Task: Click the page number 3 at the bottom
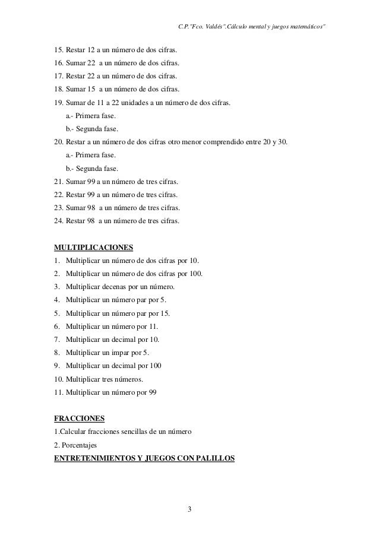(x=189, y=509)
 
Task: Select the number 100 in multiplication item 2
(x=195, y=273)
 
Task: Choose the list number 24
(x=58, y=221)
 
